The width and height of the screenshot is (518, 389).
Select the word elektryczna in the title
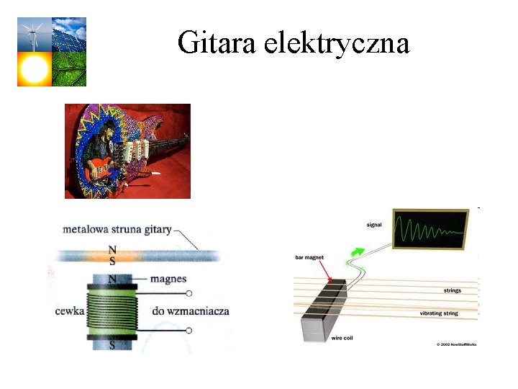(337, 43)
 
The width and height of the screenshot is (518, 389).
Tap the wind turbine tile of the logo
(34, 34)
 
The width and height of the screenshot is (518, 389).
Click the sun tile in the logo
(34, 69)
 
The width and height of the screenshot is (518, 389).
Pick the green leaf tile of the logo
(69, 69)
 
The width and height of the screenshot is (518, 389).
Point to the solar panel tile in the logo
(69, 34)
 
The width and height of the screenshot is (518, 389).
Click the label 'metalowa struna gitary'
(117, 230)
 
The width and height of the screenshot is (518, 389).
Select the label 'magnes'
(170, 279)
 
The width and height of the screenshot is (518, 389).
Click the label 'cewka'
(70, 311)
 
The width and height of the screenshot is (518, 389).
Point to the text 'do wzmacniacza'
(191, 311)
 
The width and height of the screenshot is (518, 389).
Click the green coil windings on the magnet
(111, 310)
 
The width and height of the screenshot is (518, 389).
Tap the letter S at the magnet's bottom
(112, 346)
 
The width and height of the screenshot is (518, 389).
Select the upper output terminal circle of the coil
(189, 293)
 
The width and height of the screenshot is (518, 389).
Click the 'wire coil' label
(342, 338)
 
